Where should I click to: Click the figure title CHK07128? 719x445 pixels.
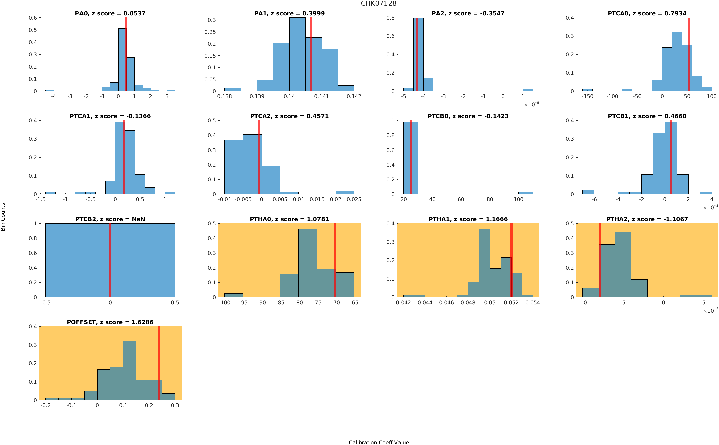point(378,3)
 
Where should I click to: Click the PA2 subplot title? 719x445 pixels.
point(468,13)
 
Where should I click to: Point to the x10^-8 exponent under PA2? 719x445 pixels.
point(532,104)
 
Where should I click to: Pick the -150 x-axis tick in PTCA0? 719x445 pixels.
point(587,96)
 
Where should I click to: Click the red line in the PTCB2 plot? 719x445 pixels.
point(110,260)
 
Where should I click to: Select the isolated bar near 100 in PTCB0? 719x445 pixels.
point(525,193)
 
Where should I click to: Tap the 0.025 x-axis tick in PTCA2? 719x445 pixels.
point(354,200)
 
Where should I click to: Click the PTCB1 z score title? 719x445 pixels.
point(647,116)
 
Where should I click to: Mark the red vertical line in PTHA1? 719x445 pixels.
point(511,260)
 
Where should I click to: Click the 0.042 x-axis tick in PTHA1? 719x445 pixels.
point(403,303)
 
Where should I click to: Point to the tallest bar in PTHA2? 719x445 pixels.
point(623,265)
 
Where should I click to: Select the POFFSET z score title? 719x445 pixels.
point(110,322)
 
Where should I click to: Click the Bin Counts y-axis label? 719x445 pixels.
point(3,217)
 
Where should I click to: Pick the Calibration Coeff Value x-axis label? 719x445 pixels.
point(378,442)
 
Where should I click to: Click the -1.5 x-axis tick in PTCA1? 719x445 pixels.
point(40,200)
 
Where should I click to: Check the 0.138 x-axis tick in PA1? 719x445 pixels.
point(224,96)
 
